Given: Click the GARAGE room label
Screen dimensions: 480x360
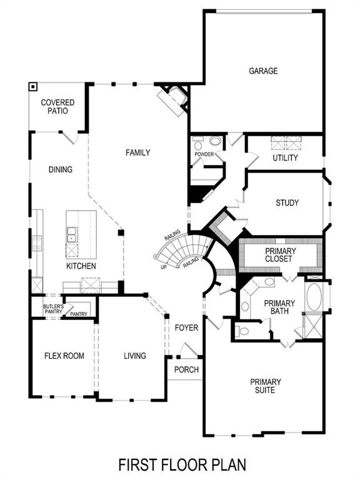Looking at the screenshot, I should pos(263,71).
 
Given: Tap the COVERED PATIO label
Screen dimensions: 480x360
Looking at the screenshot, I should pos(57,107).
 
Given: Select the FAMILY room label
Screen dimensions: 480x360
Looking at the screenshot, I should pos(137,152).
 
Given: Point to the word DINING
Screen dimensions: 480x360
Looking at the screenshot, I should pos(61,169).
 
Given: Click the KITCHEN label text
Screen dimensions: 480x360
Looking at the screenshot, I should pos(81,266).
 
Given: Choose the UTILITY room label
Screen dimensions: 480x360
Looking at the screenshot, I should pos(285,158).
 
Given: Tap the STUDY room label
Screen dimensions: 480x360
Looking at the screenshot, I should pos(287,203).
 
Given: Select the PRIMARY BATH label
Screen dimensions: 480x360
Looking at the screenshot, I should pos(279,307).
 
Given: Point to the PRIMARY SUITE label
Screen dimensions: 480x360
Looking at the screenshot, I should pos(266,386).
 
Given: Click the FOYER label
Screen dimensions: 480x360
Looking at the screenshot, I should pos(186,327).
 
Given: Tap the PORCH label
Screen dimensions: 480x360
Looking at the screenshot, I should pos(186,369).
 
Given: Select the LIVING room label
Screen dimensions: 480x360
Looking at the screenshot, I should pos(134,356).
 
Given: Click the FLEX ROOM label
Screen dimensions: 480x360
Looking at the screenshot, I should pos(64,356).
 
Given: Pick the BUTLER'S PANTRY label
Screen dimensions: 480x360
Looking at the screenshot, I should pos(53,309).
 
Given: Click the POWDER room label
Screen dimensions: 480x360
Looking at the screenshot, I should pos(204,154).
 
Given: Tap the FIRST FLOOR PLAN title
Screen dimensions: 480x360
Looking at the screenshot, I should pos(182,464).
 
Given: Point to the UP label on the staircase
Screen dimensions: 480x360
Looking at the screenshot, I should pos(164,266).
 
